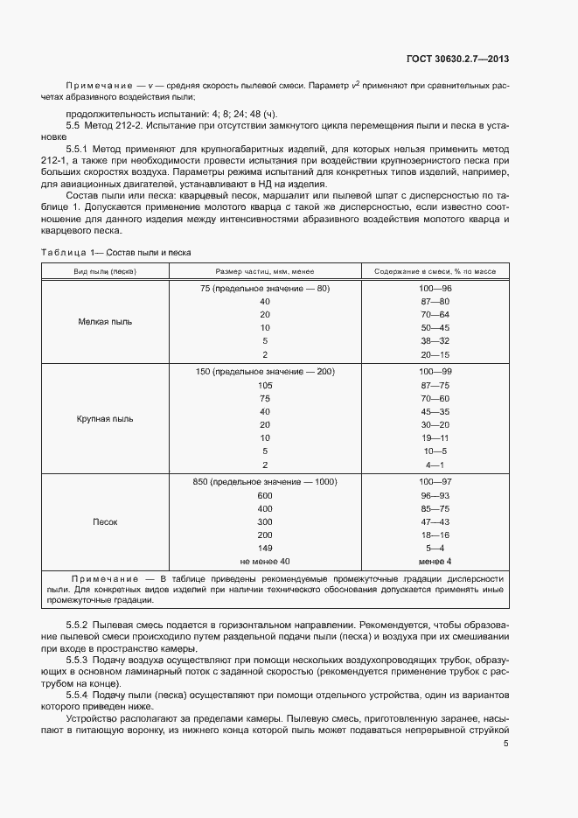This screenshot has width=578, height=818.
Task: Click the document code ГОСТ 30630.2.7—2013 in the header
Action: pyautogui.click(x=458, y=59)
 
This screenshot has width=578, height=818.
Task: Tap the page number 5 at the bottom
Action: pyautogui.click(x=506, y=743)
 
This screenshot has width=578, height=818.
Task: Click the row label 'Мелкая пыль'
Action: pyautogui.click(x=105, y=322)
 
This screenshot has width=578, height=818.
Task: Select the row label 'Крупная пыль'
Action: pyautogui.click(x=105, y=418)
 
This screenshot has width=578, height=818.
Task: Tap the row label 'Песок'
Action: pyautogui.click(x=105, y=521)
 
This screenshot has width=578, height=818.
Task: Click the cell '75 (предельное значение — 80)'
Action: pyautogui.click(x=265, y=289)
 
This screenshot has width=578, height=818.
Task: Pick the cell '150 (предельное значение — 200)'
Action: pyautogui.click(x=265, y=372)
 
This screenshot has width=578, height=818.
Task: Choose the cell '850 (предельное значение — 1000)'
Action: pyautogui.click(x=265, y=482)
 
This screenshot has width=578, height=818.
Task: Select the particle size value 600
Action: pyautogui.click(x=265, y=495)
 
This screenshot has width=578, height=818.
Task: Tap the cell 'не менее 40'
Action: pyautogui.click(x=265, y=561)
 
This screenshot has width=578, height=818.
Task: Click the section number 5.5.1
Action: pyautogui.click(x=81, y=150)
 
